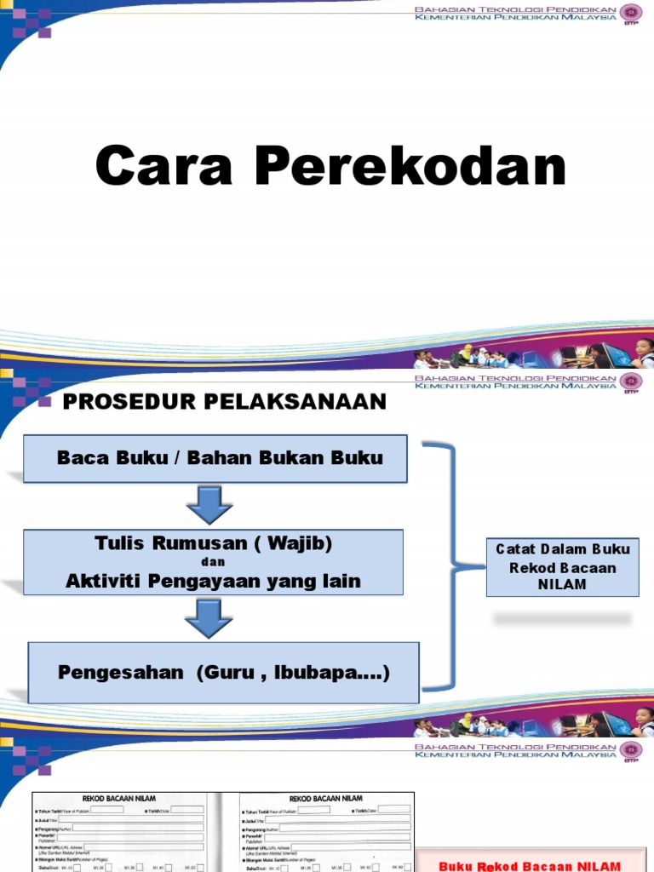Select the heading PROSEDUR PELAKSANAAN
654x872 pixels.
click(225, 402)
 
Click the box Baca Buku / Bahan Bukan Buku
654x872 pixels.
click(215, 458)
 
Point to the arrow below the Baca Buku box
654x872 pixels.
click(209, 505)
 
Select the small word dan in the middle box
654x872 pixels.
click(214, 563)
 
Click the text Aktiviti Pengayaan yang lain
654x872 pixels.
click(213, 582)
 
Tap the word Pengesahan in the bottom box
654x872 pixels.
click(120, 672)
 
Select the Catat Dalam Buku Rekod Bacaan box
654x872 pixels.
click(562, 567)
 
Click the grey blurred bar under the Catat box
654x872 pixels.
click(562, 618)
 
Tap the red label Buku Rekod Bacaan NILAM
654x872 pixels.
click(530, 865)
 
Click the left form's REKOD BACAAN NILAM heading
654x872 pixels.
click(118, 799)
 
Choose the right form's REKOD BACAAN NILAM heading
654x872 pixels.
click(326, 799)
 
